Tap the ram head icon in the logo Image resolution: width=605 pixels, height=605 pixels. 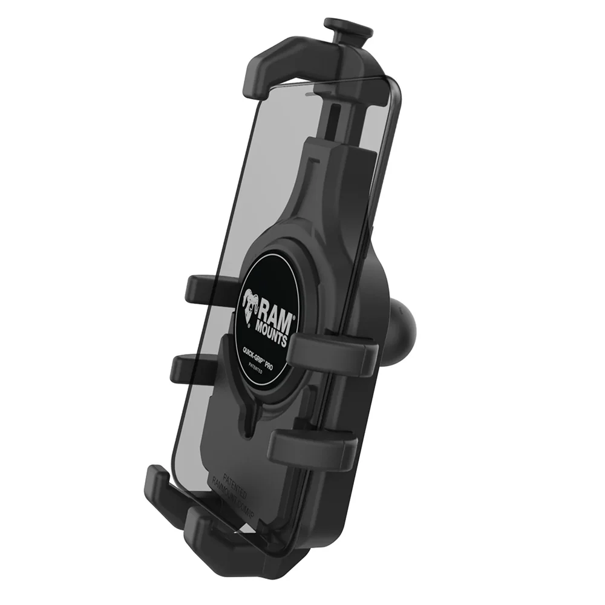[250, 303]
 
